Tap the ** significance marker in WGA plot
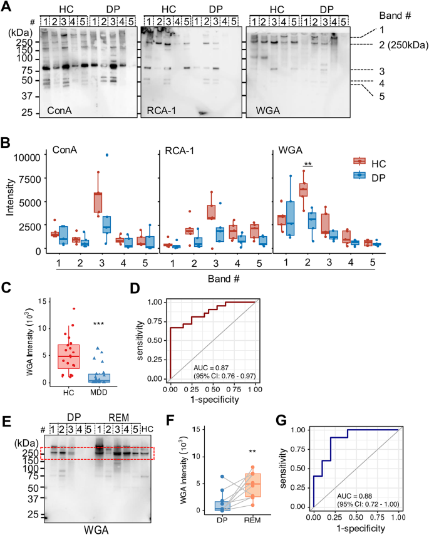tap(308, 164)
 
